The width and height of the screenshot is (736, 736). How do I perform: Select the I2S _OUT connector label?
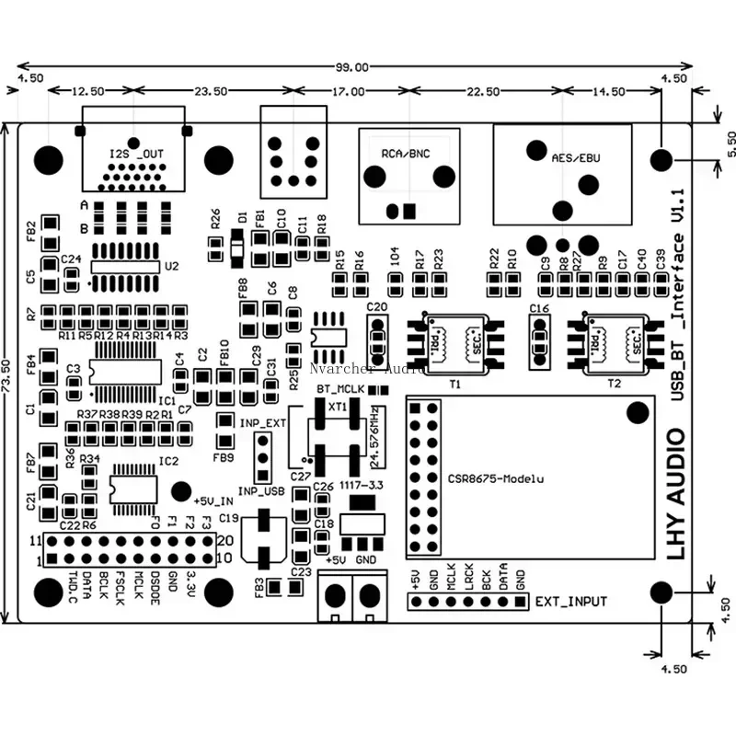135,153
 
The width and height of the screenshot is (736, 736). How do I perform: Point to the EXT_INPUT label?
570,602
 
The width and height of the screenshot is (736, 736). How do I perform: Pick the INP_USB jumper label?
262,491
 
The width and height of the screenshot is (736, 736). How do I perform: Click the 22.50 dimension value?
483,92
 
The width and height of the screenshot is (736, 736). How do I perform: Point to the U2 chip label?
171,267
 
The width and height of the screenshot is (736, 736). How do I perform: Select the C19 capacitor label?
229,519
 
